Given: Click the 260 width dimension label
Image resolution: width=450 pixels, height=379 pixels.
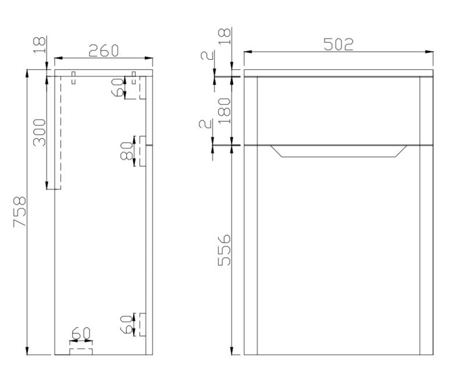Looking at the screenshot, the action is click(x=103, y=51).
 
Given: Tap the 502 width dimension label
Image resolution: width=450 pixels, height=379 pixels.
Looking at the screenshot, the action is click(x=338, y=45).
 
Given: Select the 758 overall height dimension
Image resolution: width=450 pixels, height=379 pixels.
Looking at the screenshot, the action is click(x=20, y=212).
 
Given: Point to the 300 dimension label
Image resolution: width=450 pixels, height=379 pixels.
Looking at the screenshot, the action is click(x=40, y=133).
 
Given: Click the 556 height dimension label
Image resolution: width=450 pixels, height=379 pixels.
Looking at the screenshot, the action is click(x=224, y=250).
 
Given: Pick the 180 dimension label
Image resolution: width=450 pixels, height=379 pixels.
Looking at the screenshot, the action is click(x=224, y=111).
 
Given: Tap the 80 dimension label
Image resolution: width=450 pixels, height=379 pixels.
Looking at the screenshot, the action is click(x=127, y=151).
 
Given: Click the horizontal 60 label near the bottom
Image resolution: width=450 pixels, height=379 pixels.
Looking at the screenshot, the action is click(x=81, y=334).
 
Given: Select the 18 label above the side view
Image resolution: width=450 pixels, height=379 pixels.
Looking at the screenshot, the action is click(x=40, y=45).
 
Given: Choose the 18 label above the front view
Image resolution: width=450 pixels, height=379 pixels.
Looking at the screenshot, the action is click(x=224, y=36).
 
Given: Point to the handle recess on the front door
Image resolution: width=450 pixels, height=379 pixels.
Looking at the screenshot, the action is click(x=338, y=151).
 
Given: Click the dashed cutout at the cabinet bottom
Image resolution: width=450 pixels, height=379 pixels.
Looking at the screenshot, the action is click(x=81, y=352).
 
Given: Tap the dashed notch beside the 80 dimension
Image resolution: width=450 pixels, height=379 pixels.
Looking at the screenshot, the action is click(x=142, y=151).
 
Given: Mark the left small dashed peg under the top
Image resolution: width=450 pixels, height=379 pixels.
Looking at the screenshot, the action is click(x=73, y=78).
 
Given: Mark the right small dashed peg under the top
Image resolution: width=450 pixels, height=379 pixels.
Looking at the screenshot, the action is click(x=134, y=78).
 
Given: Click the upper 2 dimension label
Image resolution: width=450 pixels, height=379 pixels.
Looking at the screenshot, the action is click(x=207, y=55).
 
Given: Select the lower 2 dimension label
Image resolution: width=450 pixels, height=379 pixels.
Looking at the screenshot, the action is click(x=205, y=124).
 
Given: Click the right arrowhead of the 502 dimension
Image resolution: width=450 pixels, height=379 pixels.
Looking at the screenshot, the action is click(x=429, y=52).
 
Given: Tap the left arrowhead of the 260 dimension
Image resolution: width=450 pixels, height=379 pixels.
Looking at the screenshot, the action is click(x=59, y=58).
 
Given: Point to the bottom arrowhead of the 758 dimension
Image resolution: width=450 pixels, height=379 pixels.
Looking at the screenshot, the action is click(x=27, y=351).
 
